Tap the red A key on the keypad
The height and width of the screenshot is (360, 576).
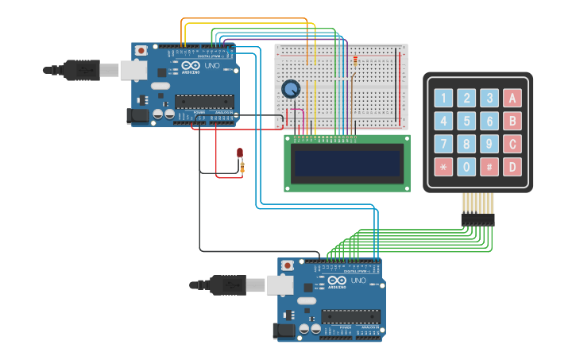[512, 99]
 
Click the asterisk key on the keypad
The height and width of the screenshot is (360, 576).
[443, 168]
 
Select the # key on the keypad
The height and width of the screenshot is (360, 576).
[489, 168]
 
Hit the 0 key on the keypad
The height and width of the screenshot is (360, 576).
[466, 168]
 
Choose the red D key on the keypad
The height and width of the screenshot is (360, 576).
[512, 168]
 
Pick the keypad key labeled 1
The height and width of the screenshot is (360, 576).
[443, 99]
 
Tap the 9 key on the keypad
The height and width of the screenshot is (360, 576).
[489, 145]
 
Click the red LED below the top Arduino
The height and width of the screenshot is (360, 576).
[239, 153]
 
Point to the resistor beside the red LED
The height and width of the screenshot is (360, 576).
[242, 167]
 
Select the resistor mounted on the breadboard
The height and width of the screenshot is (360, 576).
[354, 60]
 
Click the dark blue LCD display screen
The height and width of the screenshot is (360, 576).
[347, 163]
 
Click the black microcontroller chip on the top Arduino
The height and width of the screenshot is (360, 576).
[204, 101]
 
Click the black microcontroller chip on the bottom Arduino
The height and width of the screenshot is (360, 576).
[350, 315]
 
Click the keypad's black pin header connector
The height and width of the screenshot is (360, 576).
[477, 219]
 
